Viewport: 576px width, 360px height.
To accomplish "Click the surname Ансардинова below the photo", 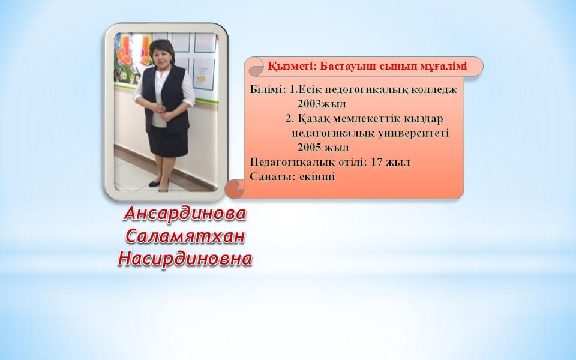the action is pos(185,214).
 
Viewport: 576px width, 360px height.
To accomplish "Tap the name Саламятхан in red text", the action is pos(185,236).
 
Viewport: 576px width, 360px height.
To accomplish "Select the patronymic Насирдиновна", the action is pos(185,259).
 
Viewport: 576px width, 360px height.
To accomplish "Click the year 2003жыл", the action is pos(322,104).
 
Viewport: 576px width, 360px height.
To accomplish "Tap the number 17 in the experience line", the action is pos(377,162).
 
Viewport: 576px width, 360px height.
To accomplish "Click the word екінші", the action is pos(317,176).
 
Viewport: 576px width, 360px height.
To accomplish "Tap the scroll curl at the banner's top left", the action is pos(256,67).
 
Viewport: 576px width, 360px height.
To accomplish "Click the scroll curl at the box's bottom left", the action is pos(233,189).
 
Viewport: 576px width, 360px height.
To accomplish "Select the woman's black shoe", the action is pos(155,184).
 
